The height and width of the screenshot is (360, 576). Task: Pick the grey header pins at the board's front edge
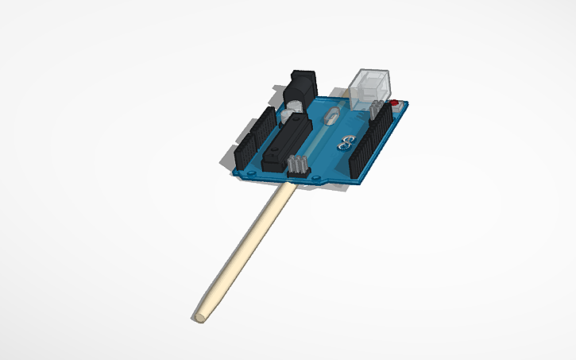tap(298, 166)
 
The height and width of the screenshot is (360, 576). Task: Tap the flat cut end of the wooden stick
tap(199, 317)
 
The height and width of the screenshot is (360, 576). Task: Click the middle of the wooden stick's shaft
tap(242, 252)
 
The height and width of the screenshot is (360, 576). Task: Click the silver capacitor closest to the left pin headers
tap(284, 115)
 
